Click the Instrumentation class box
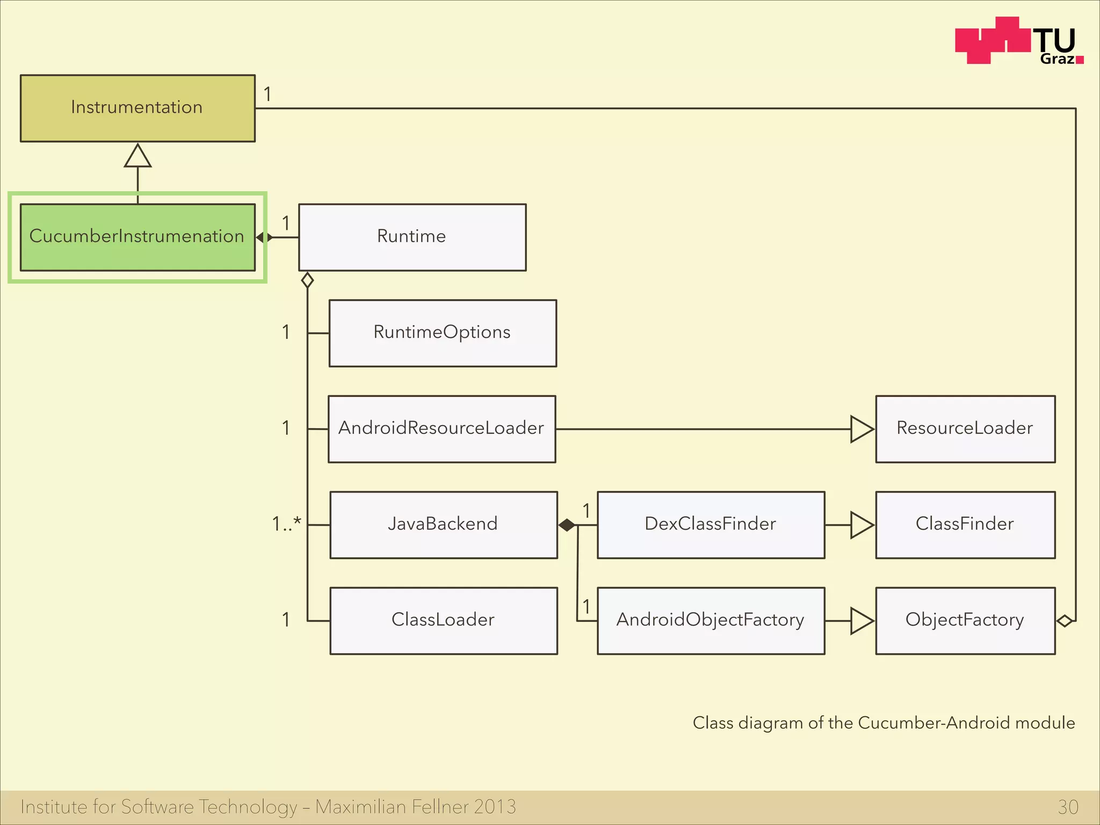pyautogui.click(x=137, y=108)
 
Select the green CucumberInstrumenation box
pyautogui.click(x=137, y=237)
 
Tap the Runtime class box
pyautogui.click(x=412, y=237)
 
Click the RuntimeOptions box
pyautogui.click(x=443, y=333)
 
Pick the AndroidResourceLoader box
pyautogui.click(x=442, y=429)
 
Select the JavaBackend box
pyautogui.click(x=443, y=524)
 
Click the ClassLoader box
pyautogui.click(x=443, y=620)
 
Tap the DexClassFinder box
pyautogui.click(x=711, y=524)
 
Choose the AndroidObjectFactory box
pyautogui.click(x=711, y=620)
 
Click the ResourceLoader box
pyautogui.click(x=965, y=429)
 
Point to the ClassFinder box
pyautogui.click(x=965, y=524)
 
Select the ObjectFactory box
pyautogui.click(x=965, y=620)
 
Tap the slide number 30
pyautogui.click(x=1068, y=807)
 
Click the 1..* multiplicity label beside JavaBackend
pyautogui.click(x=286, y=524)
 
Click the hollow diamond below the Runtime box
pyautogui.click(x=307, y=280)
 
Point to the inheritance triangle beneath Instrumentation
pyautogui.click(x=137, y=156)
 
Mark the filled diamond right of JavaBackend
pyautogui.click(x=567, y=525)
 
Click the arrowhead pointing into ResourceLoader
pyautogui.click(x=862, y=429)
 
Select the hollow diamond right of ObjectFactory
pyautogui.click(x=1065, y=621)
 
